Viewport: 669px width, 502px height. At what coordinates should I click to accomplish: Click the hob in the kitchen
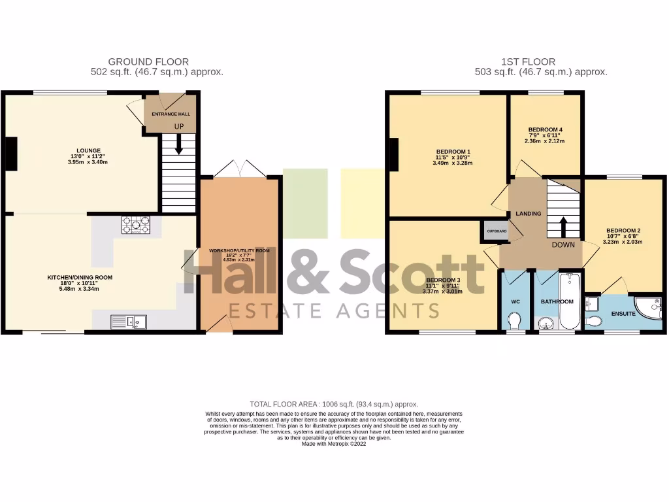135,224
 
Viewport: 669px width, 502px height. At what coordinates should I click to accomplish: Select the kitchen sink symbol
129,321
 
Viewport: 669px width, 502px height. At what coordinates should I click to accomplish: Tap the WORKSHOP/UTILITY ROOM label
239,251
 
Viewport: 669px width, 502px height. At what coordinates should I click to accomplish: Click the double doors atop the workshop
240,169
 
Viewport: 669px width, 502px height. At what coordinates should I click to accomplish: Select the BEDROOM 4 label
545,129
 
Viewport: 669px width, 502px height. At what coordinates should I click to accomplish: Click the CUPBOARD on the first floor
496,231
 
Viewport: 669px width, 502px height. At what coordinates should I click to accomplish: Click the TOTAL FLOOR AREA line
334,405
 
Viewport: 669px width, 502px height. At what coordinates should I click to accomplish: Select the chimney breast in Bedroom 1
394,154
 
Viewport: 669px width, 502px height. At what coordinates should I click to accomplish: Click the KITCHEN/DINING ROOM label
80,277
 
